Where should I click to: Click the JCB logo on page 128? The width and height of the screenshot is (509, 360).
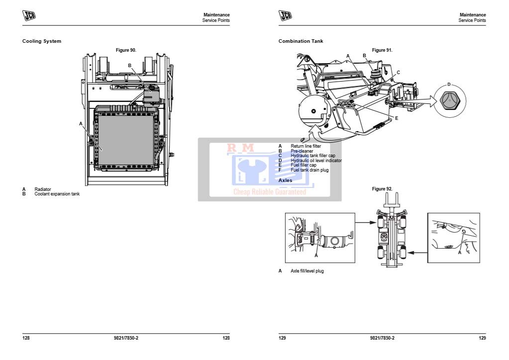29,15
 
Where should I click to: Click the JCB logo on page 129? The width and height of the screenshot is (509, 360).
285,15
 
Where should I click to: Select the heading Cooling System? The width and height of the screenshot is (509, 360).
42,41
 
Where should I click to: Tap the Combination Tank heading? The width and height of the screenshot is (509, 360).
301,41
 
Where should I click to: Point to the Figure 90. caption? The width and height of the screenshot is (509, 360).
126,50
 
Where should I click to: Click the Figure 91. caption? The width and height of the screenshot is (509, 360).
382,50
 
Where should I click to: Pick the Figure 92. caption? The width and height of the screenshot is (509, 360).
382,189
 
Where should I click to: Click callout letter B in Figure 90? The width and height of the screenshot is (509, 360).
129,66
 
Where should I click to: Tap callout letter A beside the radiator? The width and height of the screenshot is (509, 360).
81,124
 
